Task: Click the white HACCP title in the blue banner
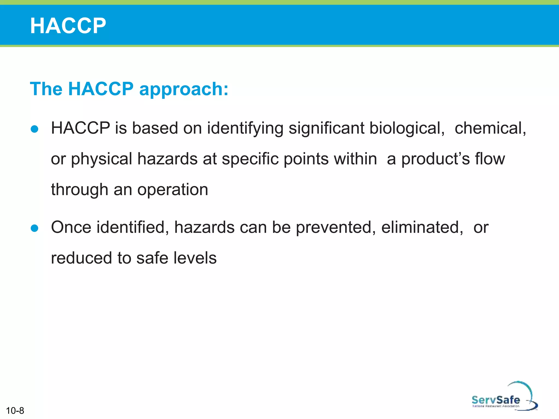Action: [x=68, y=26]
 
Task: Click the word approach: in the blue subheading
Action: [x=184, y=89]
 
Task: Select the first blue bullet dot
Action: [x=35, y=129]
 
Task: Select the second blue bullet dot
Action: [x=35, y=228]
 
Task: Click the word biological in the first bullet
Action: [x=407, y=128]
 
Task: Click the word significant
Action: [x=326, y=128]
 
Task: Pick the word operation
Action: [x=173, y=190]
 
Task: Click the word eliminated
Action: [x=422, y=227]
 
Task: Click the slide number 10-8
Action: [x=15, y=411]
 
